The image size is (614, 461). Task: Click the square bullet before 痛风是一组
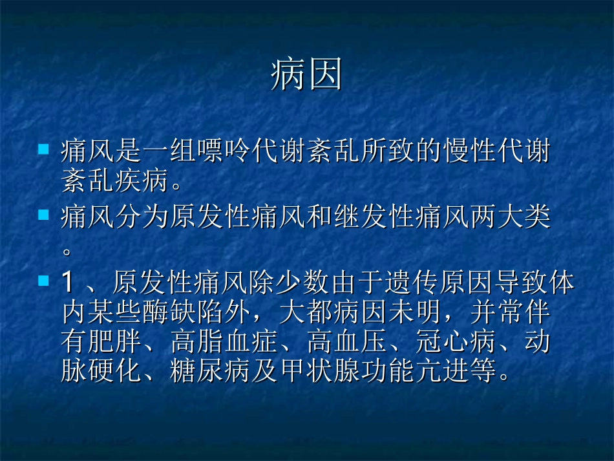click(x=44, y=149)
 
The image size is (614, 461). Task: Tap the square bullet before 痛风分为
click(x=44, y=215)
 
